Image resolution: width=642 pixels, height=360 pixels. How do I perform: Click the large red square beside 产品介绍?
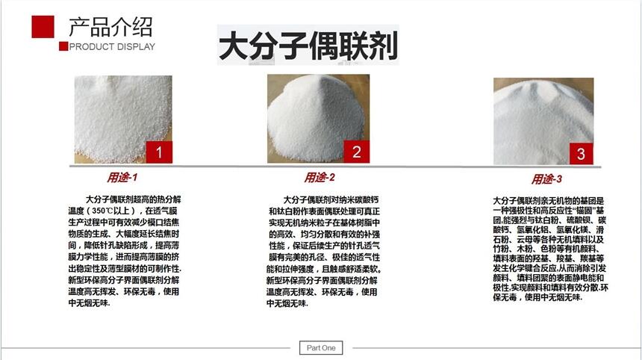click(x=43, y=27)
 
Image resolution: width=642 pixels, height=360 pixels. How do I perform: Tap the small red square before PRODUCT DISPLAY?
click(x=63, y=46)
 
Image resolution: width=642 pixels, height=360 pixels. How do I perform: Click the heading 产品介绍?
click(x=110, y=27)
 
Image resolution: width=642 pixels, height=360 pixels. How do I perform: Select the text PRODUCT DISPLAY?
click(x=112, y=47)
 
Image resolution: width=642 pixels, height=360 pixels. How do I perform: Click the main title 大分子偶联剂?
click(x=308, y=46)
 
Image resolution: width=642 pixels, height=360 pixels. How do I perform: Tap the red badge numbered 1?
click(x=159, y=152)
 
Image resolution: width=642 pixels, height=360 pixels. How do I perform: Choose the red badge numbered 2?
click(x=357, y=152)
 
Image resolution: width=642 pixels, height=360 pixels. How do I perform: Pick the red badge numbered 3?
click(x=581, y=154)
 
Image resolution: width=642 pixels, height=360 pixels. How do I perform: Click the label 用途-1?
click(x=122, y=178)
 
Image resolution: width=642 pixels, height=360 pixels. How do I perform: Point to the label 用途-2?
click(x=320, y=177)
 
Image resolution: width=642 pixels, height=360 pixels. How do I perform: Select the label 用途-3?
click(x=546, y=179)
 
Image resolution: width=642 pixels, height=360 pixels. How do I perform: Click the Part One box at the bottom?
click(x=321, y=348)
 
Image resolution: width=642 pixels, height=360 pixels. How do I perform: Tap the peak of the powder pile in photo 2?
click(x=312, y=78)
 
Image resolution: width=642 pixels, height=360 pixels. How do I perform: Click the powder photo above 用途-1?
click(x=123, y=120)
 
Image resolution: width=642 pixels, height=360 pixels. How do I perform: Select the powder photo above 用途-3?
click(x=543, y=121)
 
